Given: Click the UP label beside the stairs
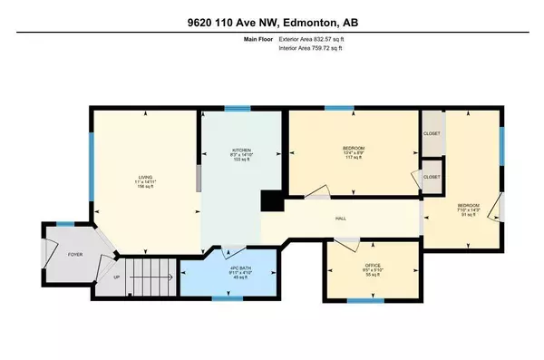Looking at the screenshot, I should [115, 277].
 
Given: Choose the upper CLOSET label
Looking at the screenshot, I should [432, 133].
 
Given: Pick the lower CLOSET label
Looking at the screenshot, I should [432, 178].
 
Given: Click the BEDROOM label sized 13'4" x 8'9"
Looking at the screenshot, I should [353, 149].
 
